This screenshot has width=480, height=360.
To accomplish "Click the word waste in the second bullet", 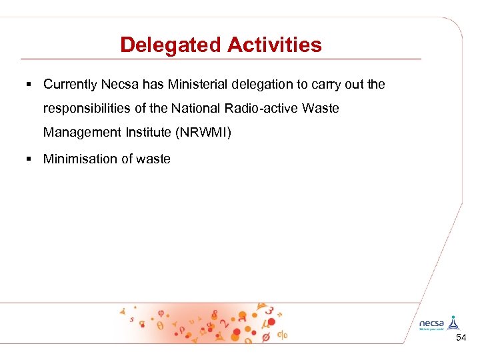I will (x=154, y=159).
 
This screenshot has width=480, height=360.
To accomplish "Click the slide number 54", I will (x=461, y=339).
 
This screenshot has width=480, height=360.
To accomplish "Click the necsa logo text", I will (x=431, y=323).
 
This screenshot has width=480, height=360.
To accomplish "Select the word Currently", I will (x=71, y=85).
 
